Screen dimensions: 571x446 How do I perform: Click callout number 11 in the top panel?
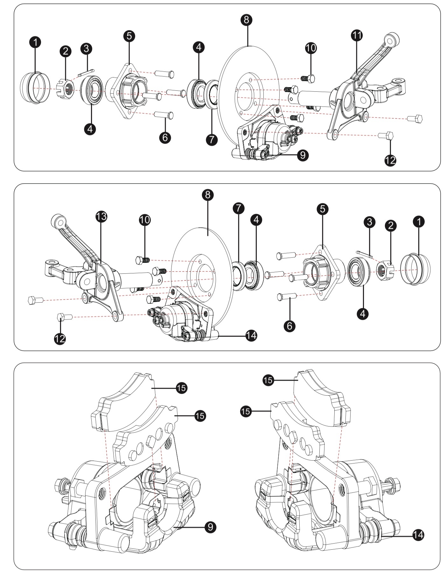coord(357,35)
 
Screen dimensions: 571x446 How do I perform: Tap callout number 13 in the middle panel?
coord(101,217)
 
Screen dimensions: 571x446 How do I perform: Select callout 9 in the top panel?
coord(303,155)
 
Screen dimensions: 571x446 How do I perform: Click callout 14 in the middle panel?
coord(251,335)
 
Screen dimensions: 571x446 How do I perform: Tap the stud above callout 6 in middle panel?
coord(287,296)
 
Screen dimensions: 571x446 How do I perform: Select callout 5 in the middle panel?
coord(323,209)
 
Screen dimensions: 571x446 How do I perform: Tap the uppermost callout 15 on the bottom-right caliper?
coord(269,380)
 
